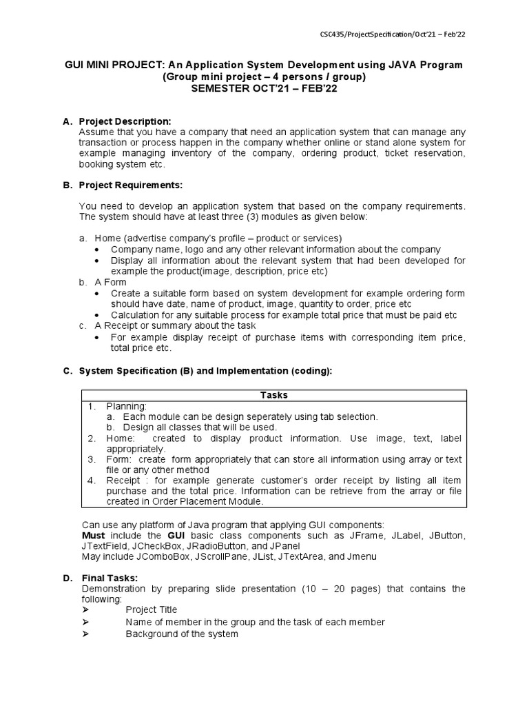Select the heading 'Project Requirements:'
pos(131,185)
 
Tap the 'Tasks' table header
pos(273,395)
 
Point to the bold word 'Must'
pos(94,536)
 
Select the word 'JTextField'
pos(103,546)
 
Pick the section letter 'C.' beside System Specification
pos(68,371)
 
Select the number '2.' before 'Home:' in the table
pos(92,438)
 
